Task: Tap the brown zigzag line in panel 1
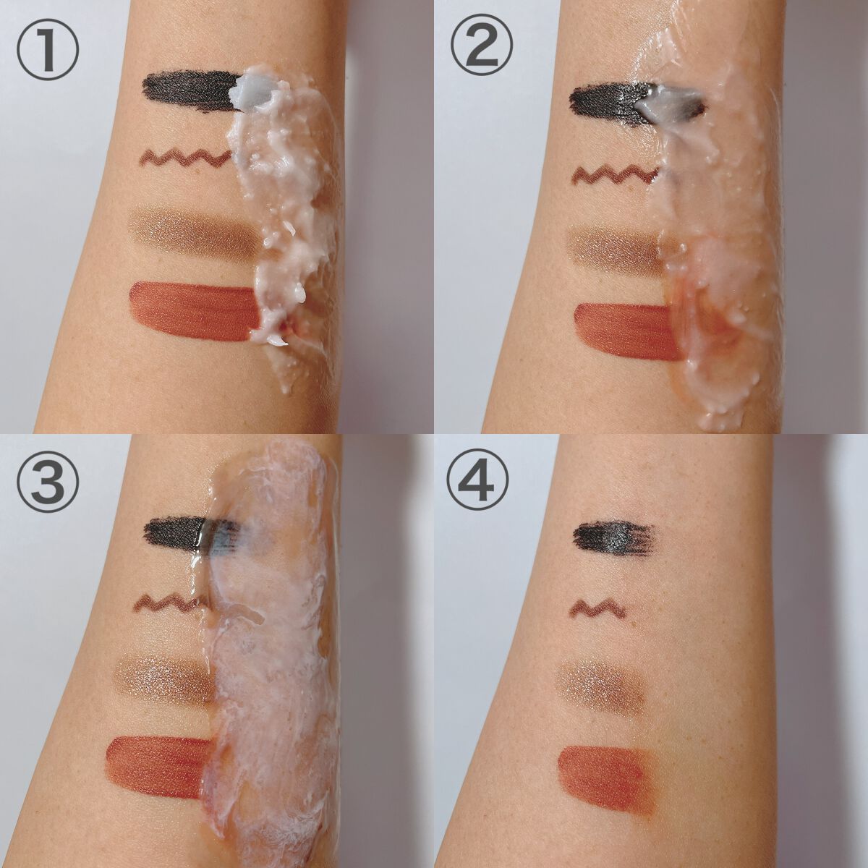tap(187, 158)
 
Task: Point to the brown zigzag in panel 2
tap(616, 175)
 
